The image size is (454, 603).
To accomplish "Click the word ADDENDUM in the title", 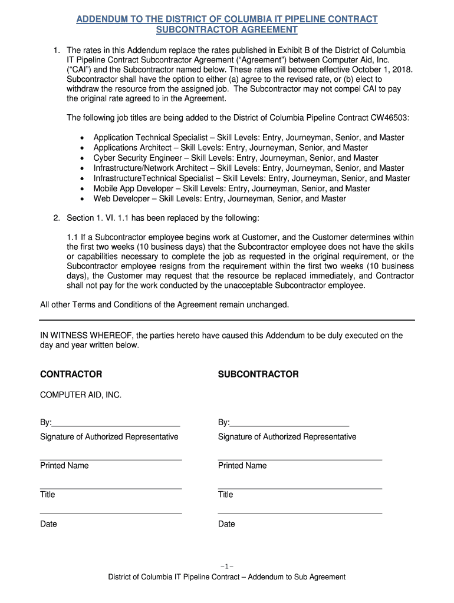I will (x=103, y=19).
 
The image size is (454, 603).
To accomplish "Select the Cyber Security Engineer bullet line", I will (x=236, y=158).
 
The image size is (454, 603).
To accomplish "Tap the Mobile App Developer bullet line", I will (x=232, y=188).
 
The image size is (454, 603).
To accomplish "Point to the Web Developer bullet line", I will (x=219, y=198).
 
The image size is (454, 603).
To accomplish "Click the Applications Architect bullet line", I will (x=231, y=148).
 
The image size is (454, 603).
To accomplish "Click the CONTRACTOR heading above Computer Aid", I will (x=71, y=375).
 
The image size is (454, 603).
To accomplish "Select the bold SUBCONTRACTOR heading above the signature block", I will (x=258, y=375).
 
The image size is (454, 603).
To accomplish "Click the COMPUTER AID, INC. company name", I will (x=81, y=395).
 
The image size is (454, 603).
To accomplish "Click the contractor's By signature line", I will (x=116, y=422).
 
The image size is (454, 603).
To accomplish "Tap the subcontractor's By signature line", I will (x=289, y=422).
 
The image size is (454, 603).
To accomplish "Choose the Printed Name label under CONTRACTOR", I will (x=64, y=466).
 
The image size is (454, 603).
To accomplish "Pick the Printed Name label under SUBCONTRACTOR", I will (x=242, y=466).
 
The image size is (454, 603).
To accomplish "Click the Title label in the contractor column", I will (x=48, y=495).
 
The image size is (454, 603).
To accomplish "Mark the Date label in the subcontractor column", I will (x=226, y=524).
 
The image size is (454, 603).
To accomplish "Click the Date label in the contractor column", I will (x=48, y=524).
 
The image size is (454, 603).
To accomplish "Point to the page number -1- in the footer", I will (x=226, y=566).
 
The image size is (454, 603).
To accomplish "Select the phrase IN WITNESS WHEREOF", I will (x=86, y=336).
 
